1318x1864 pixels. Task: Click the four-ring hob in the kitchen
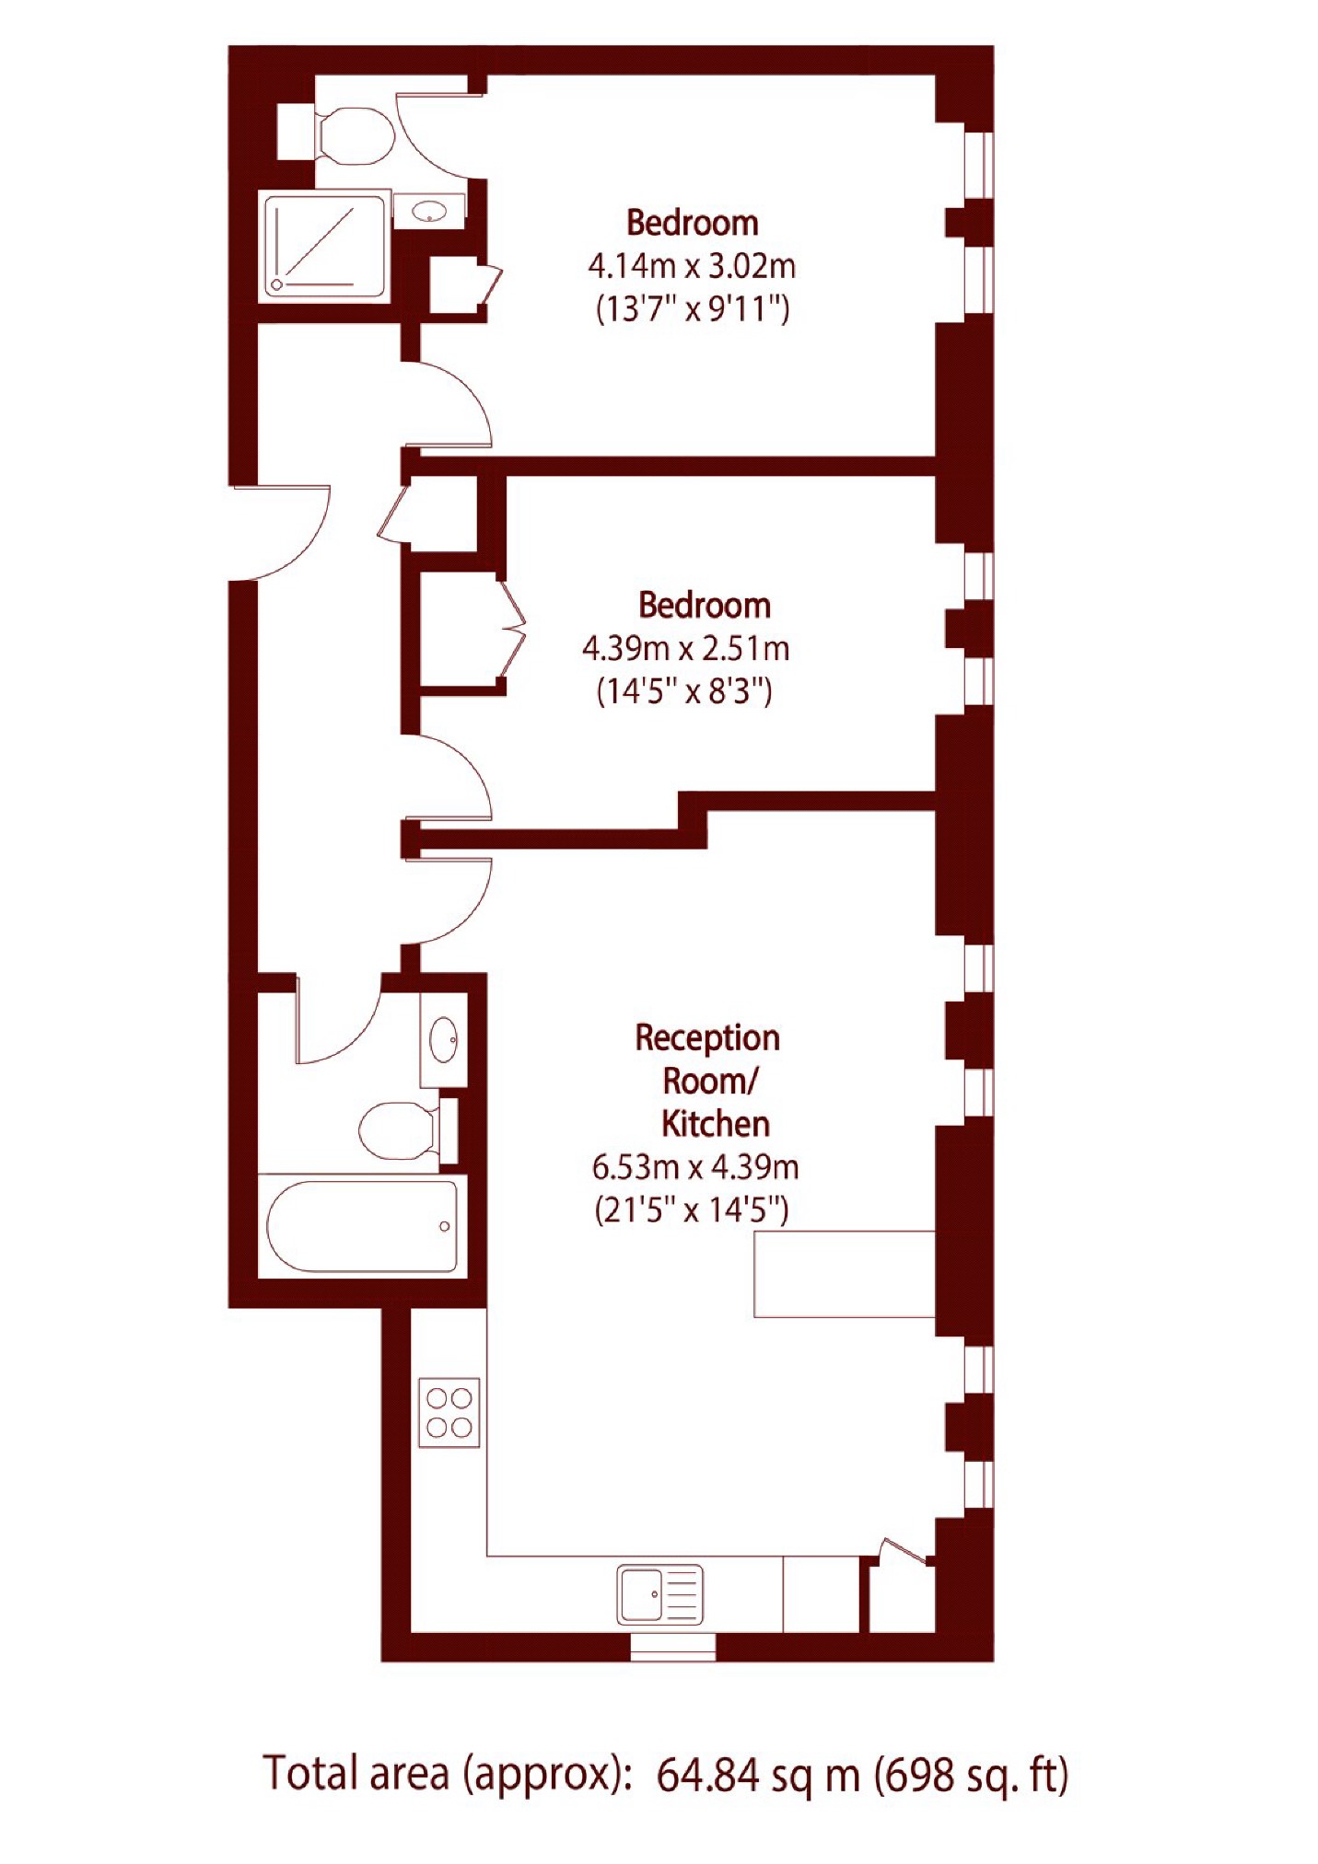pyautogui.click(x=449, y=1412)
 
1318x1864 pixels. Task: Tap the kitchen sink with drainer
pyautogui.click(x=659, y=1594)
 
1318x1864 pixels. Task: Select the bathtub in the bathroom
pyautogui.click(x=362, y=1226)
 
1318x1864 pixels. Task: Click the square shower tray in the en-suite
pyautogui.click(x=324, y=246)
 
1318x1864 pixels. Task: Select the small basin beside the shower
pyautogui.click(x=428, y=212)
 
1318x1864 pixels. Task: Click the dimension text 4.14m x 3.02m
pyautogui.click(x=692, y=267)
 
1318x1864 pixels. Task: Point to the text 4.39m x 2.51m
pyautogui.click(x=685, y=649)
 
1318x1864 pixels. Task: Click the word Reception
pyautogui.click(x=706, y=1038)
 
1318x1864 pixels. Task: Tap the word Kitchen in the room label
pyautogui.click(x=715, y=1124)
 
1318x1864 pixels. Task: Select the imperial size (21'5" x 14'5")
pyautogui.click(x=692, y=1209)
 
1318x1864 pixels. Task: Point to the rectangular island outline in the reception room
pyautogui.click(x=844, y=1274)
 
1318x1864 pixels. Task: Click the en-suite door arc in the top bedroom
pyautogui.click(x=433, y=129)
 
